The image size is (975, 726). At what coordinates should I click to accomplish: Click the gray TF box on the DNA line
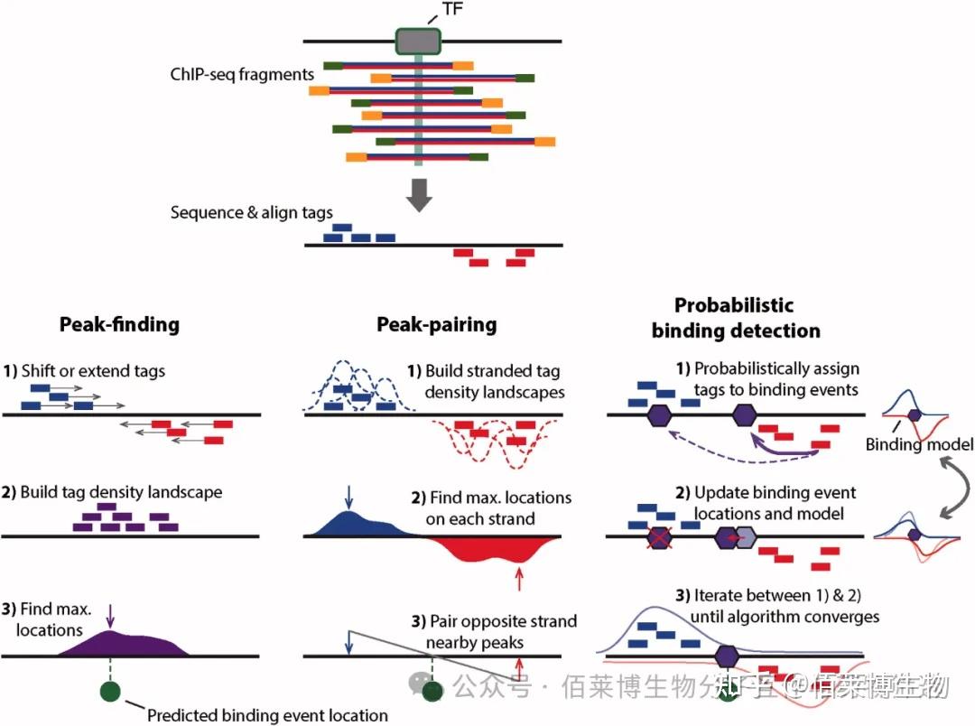418,41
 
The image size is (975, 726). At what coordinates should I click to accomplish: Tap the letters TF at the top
452,9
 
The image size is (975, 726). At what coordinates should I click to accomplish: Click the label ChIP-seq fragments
242,75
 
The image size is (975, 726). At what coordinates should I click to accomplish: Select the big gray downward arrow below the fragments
419,195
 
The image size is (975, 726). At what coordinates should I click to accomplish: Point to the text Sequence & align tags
251,213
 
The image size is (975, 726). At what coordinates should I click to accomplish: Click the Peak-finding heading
119,324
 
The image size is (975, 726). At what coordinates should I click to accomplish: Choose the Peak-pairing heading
437,324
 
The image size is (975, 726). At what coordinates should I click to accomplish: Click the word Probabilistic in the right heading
734,305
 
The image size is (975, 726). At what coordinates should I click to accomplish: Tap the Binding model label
919,444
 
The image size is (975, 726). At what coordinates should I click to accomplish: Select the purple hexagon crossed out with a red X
659,537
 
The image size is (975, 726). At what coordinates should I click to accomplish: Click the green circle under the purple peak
110,691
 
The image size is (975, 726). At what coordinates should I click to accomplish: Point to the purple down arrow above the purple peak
111,615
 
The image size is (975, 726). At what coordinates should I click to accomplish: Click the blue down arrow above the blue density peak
348,498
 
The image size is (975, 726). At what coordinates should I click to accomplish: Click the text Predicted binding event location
267,715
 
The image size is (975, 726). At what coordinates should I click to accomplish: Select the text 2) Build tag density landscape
112,492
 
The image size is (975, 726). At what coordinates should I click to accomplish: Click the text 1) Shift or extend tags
84,371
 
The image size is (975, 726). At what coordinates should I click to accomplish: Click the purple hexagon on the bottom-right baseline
726,656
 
